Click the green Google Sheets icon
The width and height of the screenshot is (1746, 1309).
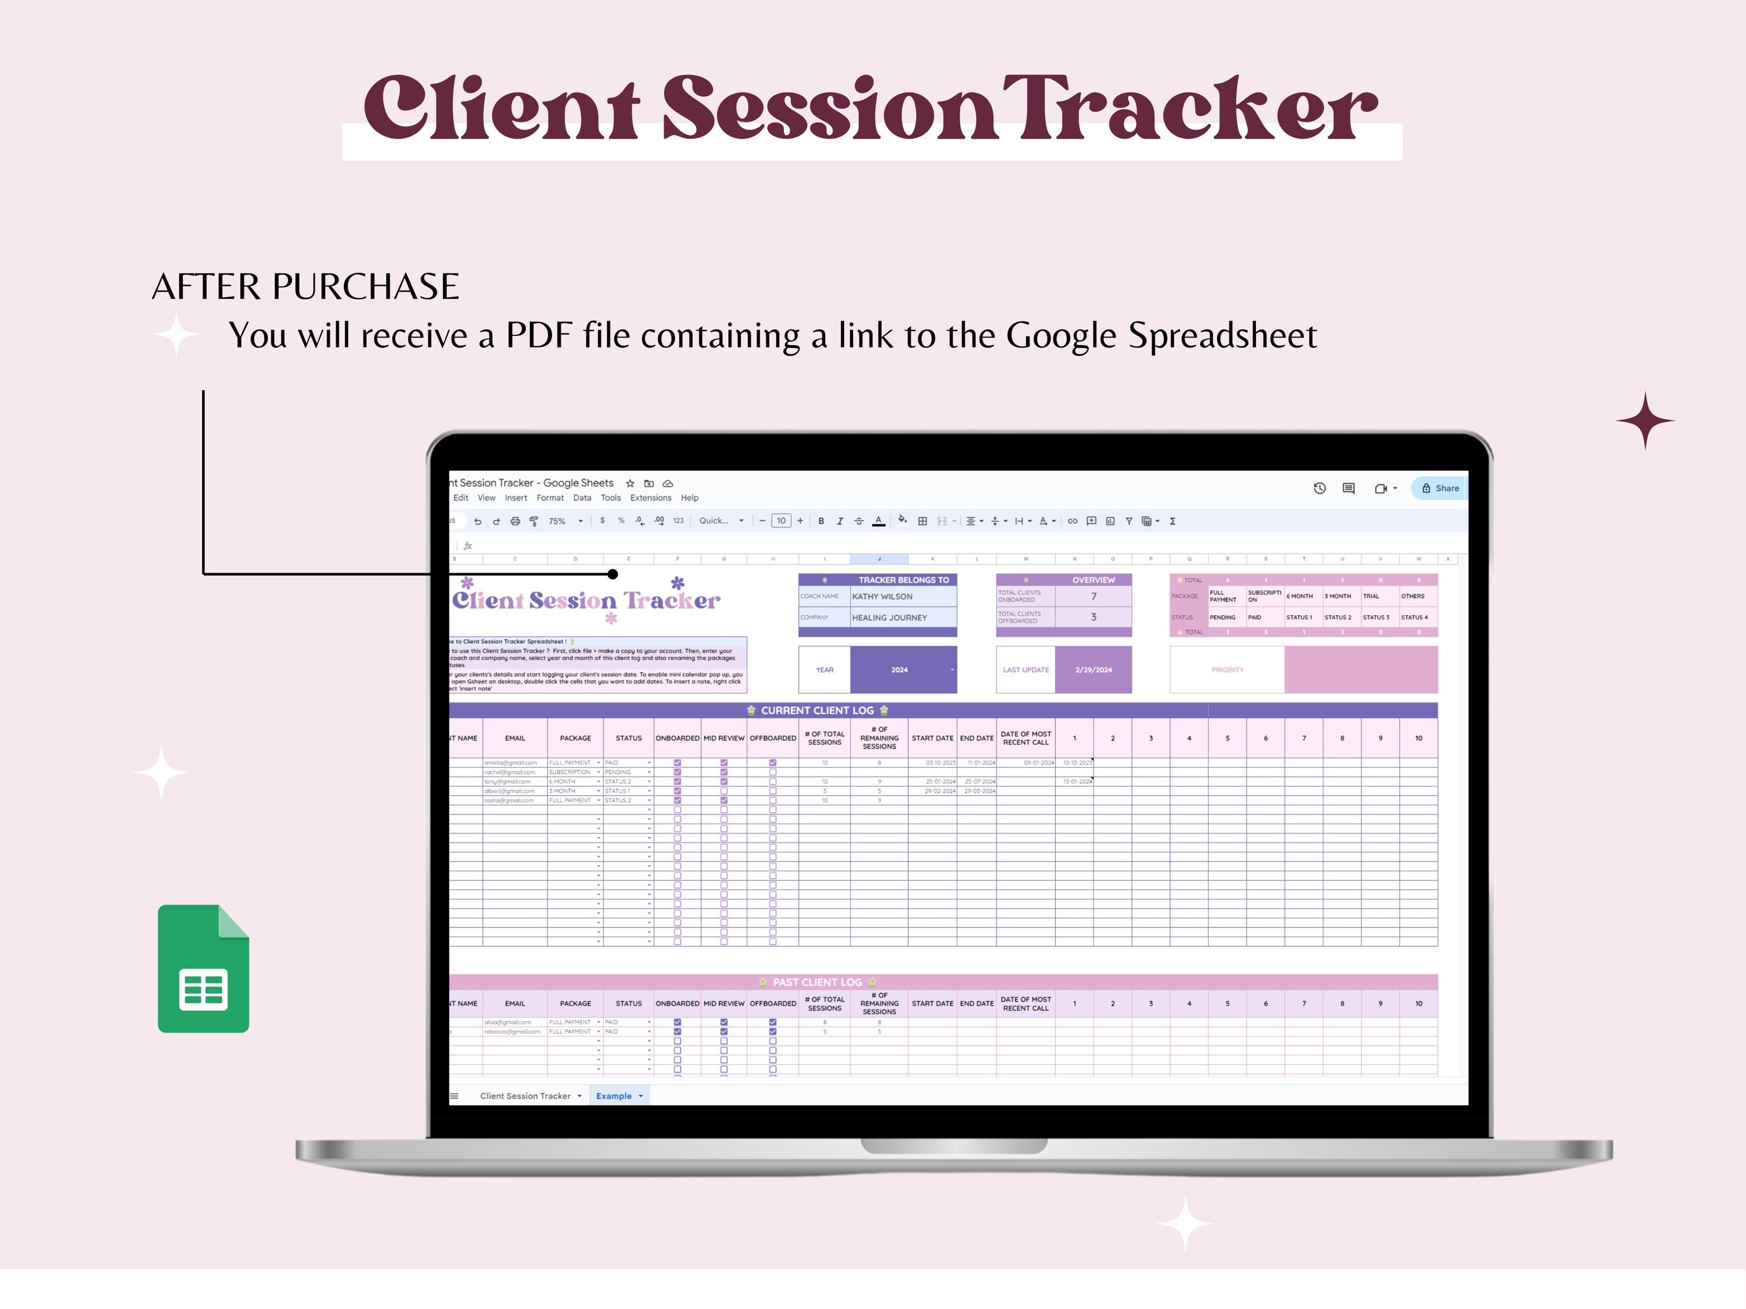tap(203, 968)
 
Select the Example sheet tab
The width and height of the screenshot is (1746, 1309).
tap(614, 1096)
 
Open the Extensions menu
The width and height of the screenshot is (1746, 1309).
tap(651, 498)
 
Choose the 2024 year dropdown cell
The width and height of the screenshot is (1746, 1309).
tap(902, 669)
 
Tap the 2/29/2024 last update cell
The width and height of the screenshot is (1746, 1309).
tap(1093, 669)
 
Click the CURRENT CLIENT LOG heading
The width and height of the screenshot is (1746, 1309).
tap(817, 711)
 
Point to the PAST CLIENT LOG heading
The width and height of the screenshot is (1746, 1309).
tap(817, 982)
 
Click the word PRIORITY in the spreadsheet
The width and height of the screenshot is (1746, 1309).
tap(1227, 669)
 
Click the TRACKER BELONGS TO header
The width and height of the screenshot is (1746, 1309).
tap(903, 580)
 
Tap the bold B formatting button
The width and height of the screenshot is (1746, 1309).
tap(821, 521)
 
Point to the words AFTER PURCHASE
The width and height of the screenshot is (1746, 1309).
tap(306, 286)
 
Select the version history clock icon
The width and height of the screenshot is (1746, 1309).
tap(1319, 488)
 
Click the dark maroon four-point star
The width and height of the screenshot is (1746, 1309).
tap(1645, 420)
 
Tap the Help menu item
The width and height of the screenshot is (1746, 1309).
tap(689, 498)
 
